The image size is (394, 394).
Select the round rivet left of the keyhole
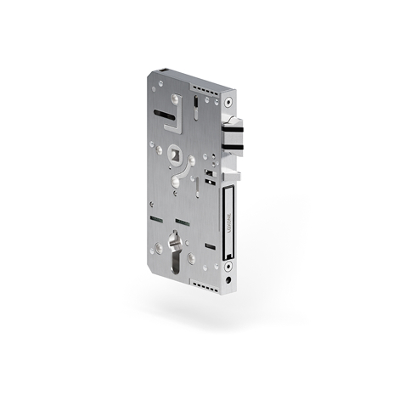156,250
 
